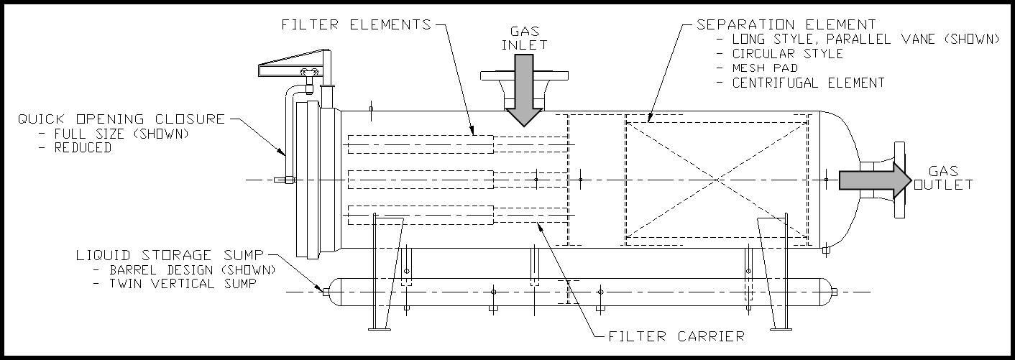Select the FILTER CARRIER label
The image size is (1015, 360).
click(676, 336)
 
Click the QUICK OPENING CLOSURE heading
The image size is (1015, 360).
click(121, 119)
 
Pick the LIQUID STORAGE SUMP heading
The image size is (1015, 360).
click(170, 255)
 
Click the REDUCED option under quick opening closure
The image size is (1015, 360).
click(83, 147)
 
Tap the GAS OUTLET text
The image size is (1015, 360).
click(942, 178)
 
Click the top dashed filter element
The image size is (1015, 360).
click(420, 144)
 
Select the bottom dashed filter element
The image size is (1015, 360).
click(420, 214)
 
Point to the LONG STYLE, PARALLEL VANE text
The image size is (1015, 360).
click(865, 40)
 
